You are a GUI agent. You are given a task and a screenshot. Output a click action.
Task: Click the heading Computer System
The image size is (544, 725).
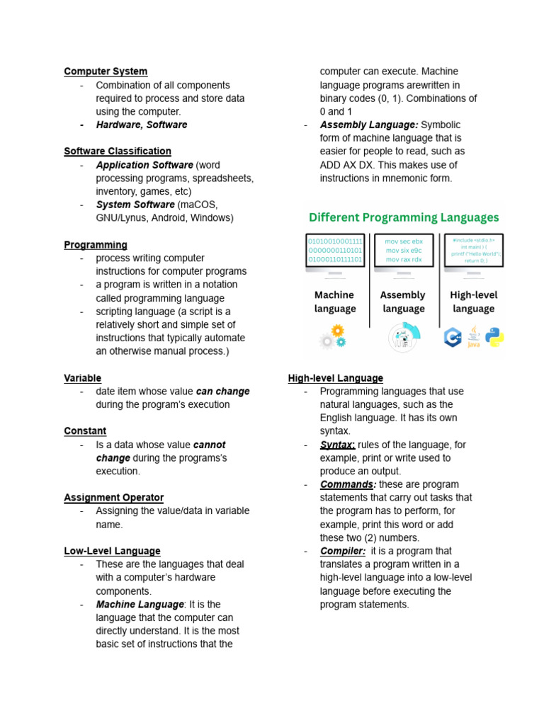[x=106, y=72]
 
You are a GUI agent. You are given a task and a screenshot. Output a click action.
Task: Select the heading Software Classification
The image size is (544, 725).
[x=118, y=152]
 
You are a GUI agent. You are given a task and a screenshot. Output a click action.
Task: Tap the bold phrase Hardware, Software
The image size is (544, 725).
[x=142, y=125]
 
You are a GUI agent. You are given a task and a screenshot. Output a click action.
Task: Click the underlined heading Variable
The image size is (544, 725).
[x=83, y=378]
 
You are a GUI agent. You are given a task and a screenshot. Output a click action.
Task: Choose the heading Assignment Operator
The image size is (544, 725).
[x=113, y=498]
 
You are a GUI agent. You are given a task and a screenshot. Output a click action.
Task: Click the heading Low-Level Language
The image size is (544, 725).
[x=112, y=551]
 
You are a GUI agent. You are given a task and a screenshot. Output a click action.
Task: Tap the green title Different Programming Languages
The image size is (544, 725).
[x=402, y=217]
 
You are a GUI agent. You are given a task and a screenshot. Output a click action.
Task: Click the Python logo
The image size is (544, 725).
[x=494, y=336]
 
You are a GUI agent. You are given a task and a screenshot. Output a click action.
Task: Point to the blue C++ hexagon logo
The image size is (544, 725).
[x=453, y=338]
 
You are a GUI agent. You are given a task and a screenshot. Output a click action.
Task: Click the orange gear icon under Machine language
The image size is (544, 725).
[x=338, y=331]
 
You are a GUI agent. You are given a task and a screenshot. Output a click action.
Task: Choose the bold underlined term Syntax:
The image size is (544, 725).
[x=337, y=445]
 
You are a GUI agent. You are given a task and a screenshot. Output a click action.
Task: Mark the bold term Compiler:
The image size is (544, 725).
[x=343, y=551]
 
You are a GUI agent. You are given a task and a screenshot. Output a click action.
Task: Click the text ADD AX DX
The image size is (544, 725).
[x=347, y=165]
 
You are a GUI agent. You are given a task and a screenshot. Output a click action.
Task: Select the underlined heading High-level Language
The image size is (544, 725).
[x=336, y=378]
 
